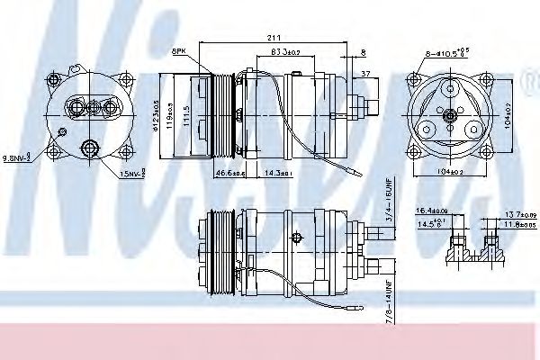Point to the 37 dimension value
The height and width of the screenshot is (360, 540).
click(x=364, y=73)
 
